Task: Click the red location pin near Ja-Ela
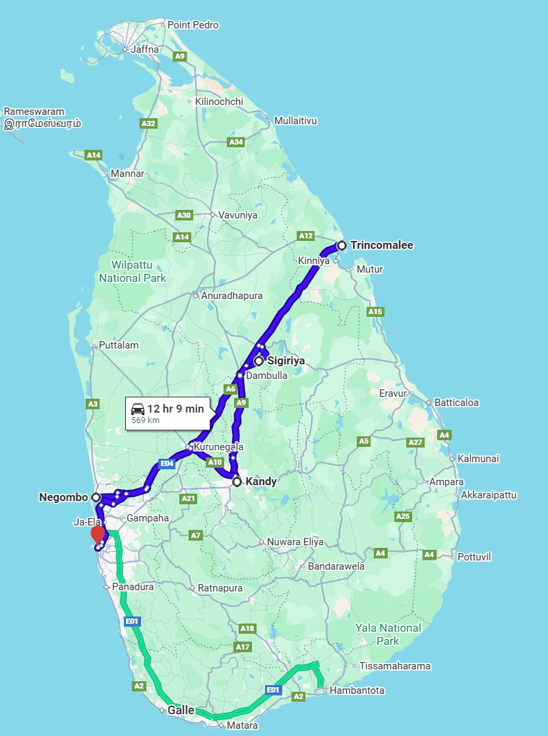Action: pos(98,533)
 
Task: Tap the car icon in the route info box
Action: pos(137,408)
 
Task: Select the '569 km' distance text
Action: pos(145,420)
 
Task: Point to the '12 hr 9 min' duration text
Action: pos(175,408)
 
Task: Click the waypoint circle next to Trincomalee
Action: pos(342,246)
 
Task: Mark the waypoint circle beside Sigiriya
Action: pos(259,361)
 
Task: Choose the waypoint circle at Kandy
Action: pos(237,482)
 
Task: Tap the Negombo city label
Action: pos(64,497)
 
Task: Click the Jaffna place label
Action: pos(146,49)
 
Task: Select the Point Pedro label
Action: pos(193,25)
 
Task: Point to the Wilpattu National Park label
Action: pos(133,272)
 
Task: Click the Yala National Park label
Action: pos(388,634)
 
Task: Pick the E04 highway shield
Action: pos(166,463)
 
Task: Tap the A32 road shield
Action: pos(148,123)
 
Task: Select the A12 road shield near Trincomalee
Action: pos(306,236)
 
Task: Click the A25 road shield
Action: pos(402,516)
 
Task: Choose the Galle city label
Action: pos(181,710)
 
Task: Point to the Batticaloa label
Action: pos(456,403)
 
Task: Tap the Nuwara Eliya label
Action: pos(295,542)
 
